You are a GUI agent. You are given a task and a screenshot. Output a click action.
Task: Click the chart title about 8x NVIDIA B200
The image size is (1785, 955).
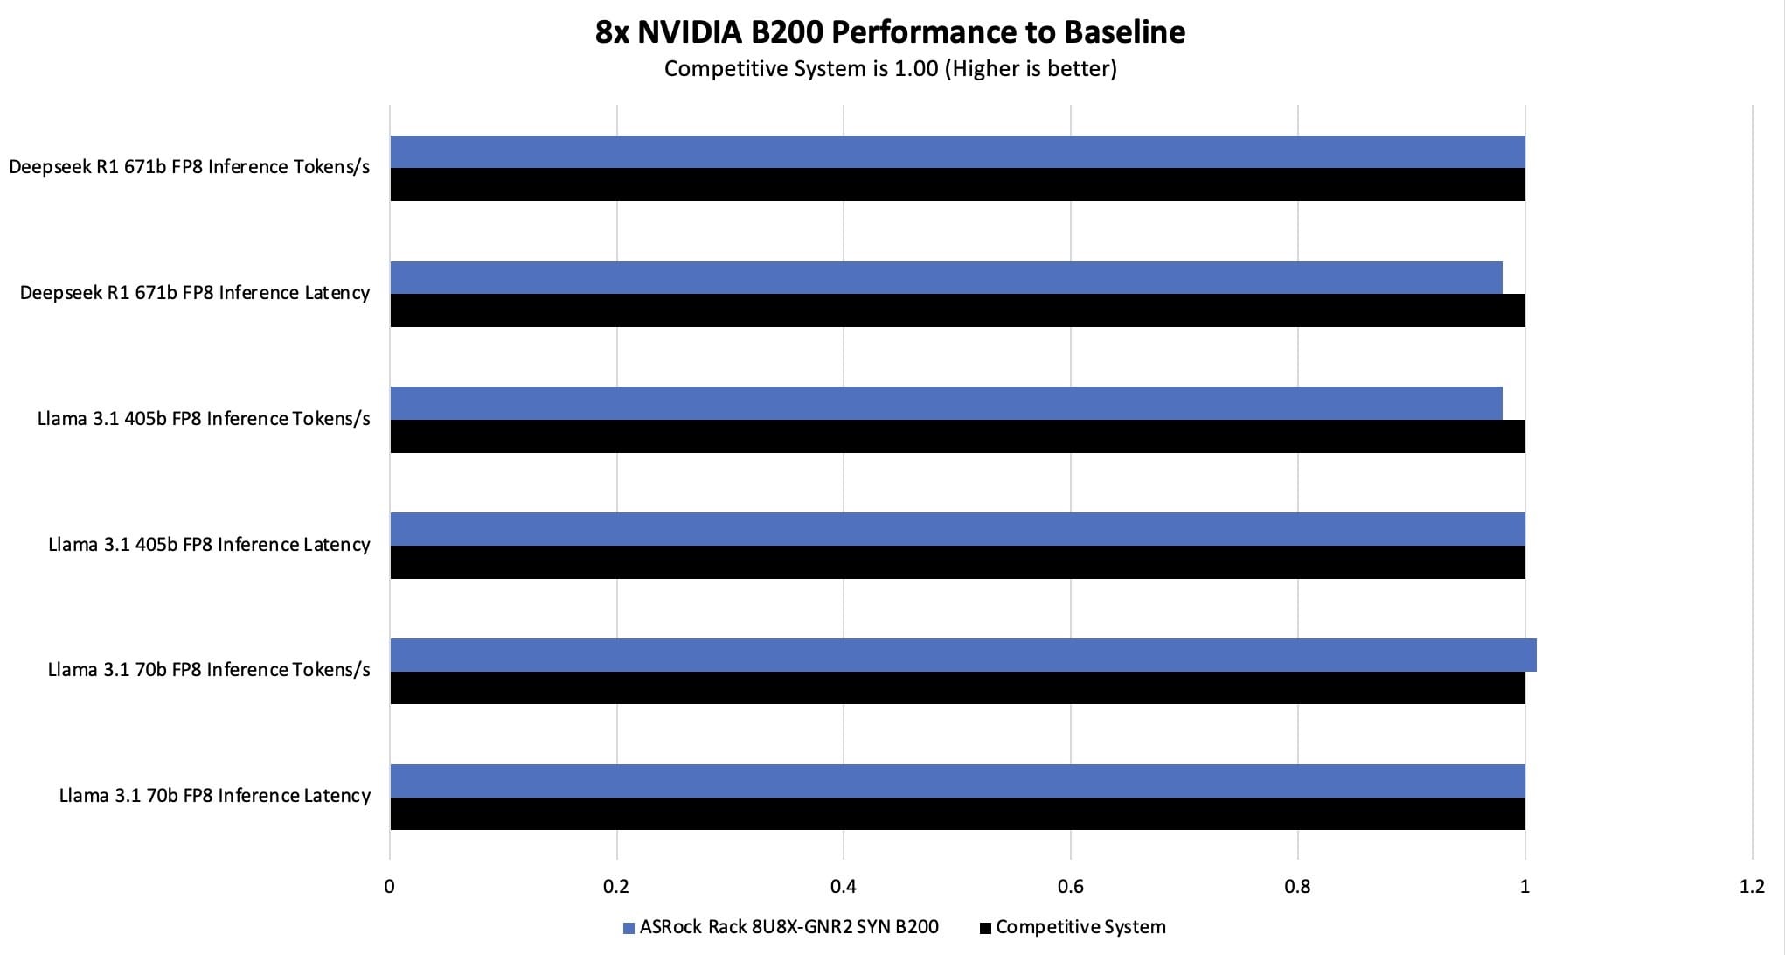pos(890,32)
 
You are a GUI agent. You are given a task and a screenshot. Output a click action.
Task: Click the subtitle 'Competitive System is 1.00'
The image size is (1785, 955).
pos(890,69)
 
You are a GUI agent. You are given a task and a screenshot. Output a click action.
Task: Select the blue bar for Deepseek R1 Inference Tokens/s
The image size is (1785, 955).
pos(957,151)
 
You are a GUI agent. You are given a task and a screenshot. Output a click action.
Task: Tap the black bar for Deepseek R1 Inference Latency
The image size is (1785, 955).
pos(957,310)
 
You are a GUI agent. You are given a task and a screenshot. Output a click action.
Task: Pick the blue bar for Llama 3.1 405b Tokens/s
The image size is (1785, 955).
pos(946,403)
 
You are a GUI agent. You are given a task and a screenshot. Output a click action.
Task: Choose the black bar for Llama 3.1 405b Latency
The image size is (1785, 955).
pos(957,562)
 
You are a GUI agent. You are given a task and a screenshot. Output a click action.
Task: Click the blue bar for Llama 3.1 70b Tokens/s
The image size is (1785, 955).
pos(962,655)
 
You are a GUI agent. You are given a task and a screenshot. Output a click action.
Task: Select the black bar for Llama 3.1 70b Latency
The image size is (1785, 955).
pos(957,813)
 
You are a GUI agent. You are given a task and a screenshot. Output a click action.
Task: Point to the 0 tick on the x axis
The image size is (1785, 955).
pos(390,887)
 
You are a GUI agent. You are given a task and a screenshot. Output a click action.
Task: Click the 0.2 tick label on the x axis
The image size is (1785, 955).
pos(616,887)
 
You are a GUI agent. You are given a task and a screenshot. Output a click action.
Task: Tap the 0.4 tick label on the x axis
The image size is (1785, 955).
pos(844,887)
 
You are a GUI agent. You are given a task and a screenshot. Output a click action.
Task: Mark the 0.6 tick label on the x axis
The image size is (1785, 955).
pos(1071,887)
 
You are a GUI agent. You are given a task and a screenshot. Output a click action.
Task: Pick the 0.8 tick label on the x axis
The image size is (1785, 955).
pos(1298,887)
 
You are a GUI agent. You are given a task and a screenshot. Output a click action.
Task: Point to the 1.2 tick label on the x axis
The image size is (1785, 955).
pos(1752,887)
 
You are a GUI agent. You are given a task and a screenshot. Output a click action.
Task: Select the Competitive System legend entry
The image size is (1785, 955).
pos(1073,927)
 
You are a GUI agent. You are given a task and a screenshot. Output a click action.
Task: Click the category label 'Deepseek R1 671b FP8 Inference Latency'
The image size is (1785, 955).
pos(195,293)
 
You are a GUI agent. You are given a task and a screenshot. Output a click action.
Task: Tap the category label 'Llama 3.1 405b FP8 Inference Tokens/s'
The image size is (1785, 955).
pos(204,419)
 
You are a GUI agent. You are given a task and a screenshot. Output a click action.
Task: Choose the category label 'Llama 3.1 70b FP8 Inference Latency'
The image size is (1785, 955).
pos(215,796)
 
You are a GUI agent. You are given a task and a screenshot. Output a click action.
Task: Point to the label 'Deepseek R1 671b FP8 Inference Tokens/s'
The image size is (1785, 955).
pos(190,167)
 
